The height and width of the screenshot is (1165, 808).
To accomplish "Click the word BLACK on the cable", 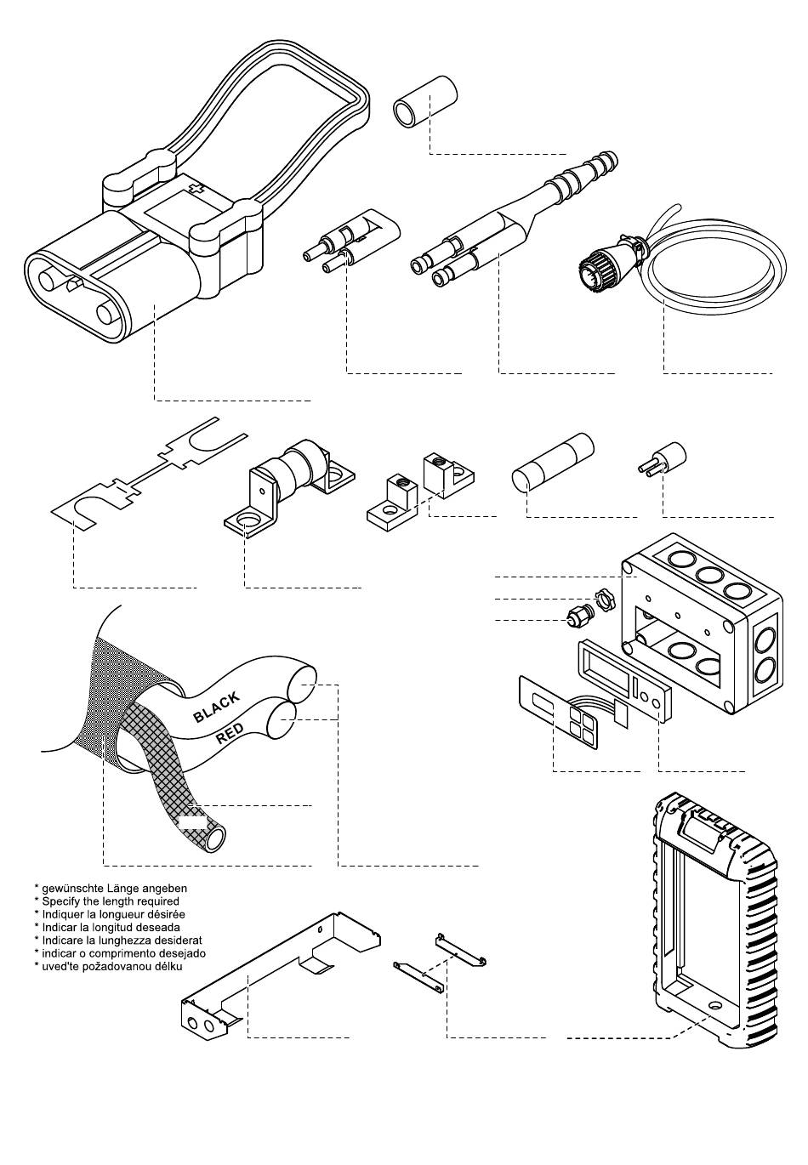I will pos(216,707).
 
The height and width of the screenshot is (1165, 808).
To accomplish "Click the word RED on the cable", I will pos(230,734).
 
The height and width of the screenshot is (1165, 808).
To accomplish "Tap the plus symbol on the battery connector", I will pos(197,188).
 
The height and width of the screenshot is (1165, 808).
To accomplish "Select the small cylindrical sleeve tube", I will pos(423,100).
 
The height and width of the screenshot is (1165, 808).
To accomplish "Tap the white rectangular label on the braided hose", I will pos(191,821).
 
